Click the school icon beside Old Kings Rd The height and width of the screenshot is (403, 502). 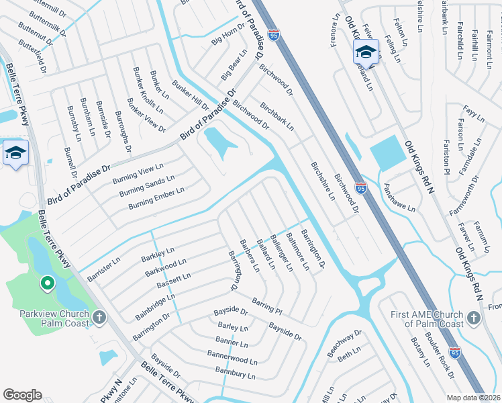pyautogui.click(x=366, y=51)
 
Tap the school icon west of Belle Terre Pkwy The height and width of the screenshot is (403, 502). pyautogui.click(x=15, y=152)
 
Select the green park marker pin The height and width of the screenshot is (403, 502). pyautogui.click(x=47, y=284)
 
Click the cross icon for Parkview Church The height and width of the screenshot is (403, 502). pyautogui.click(x=99, y=316)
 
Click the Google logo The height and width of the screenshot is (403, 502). pyautogui.click(x=22, y=394)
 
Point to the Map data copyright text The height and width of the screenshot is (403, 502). pyautogui.click(x=472, y=398)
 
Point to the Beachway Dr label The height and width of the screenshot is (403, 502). pyautogui.click(x=344, y=343)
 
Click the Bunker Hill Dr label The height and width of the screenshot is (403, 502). pyautogui.click(x=191, y=97)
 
